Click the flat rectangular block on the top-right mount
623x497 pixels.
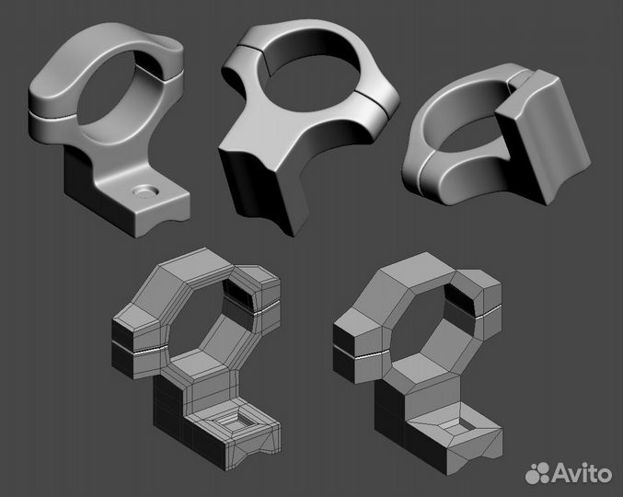coord(544,147)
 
